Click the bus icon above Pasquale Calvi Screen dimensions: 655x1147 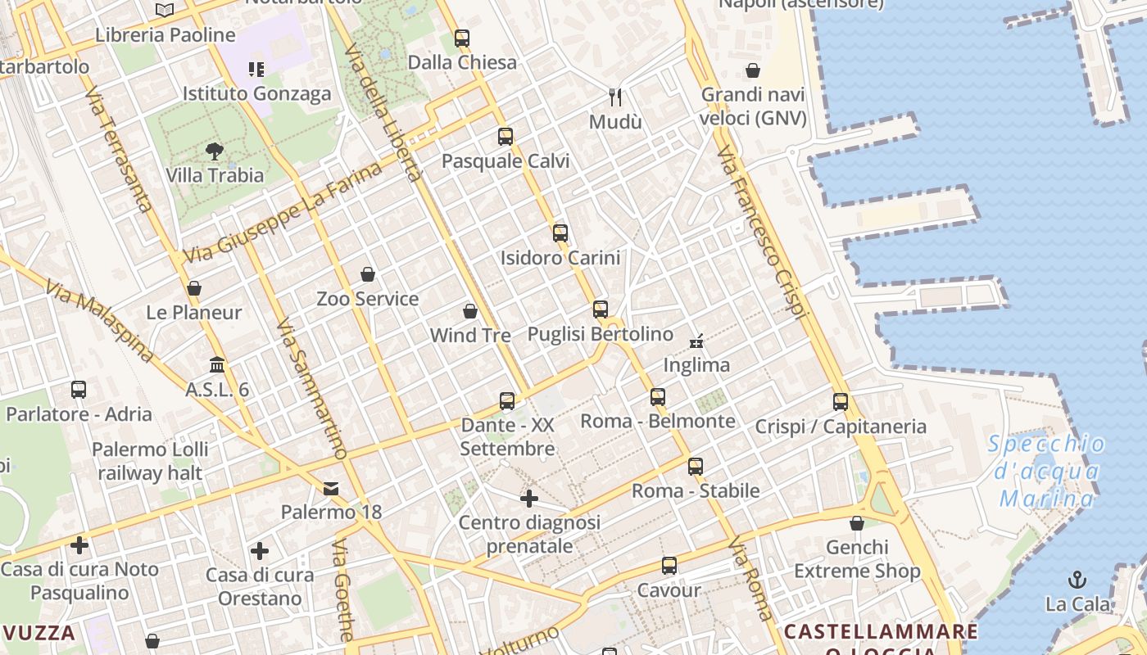pyautogui.click(x=505, y=137)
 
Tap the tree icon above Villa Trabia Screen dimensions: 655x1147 pyautogui.click(x=215, y=151)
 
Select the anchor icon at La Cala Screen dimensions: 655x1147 pyautogui.click(x=1077, y=580)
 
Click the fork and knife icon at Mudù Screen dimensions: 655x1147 pyautogui.click(x=616, y=97)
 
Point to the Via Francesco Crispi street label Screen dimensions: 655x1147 pyautogui.click(x=762, y=233)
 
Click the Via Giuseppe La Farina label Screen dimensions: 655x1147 pyautogui.click(x=283, y=213)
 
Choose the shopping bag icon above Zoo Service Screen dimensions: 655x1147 pyautogui.click(x=368, y=274)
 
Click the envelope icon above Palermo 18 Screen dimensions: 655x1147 pyautogui.click(x=331, y=489)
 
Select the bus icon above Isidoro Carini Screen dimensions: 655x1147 pyautogui.click(x=560, y=233)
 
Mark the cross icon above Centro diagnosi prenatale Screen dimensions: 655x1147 pyautogui.click(x=529, y=498)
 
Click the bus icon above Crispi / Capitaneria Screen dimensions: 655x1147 pyautogui.click(x=841, y=402)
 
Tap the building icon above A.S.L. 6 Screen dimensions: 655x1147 pyautogui.click(x=217, y=364)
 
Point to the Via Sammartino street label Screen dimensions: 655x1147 pyautogui.click(x=311, y=388)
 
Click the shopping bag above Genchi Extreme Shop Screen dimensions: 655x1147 pyautogui.click(x=857, y=523)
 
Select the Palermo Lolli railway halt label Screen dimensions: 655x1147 pyautogui.click(x=150, y=461)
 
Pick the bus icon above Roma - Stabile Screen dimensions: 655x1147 pyautogui.click(x=696, y=467)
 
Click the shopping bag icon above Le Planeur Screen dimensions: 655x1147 pyautogui.click(x=194, y=288)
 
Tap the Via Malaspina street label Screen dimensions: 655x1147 pyautogui.click(x=100, y=321)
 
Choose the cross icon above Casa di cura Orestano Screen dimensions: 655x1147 pyautogui.click(x=260, y=551)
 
